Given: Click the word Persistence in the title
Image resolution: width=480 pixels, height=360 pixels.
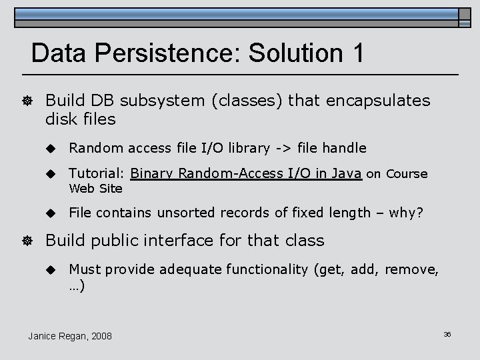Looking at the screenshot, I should (x=170, y=53).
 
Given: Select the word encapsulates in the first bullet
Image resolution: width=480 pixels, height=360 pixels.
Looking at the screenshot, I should (x=377, y=101).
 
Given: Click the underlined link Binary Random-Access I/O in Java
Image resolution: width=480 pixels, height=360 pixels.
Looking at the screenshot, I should (x=246, y=174).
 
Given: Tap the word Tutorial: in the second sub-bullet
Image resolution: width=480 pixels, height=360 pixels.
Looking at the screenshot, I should (x=97, y=174).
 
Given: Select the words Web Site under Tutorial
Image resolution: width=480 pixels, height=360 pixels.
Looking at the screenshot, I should (x=96, y=189).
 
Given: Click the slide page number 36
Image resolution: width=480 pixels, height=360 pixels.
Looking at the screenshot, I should (x=447, y=334).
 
